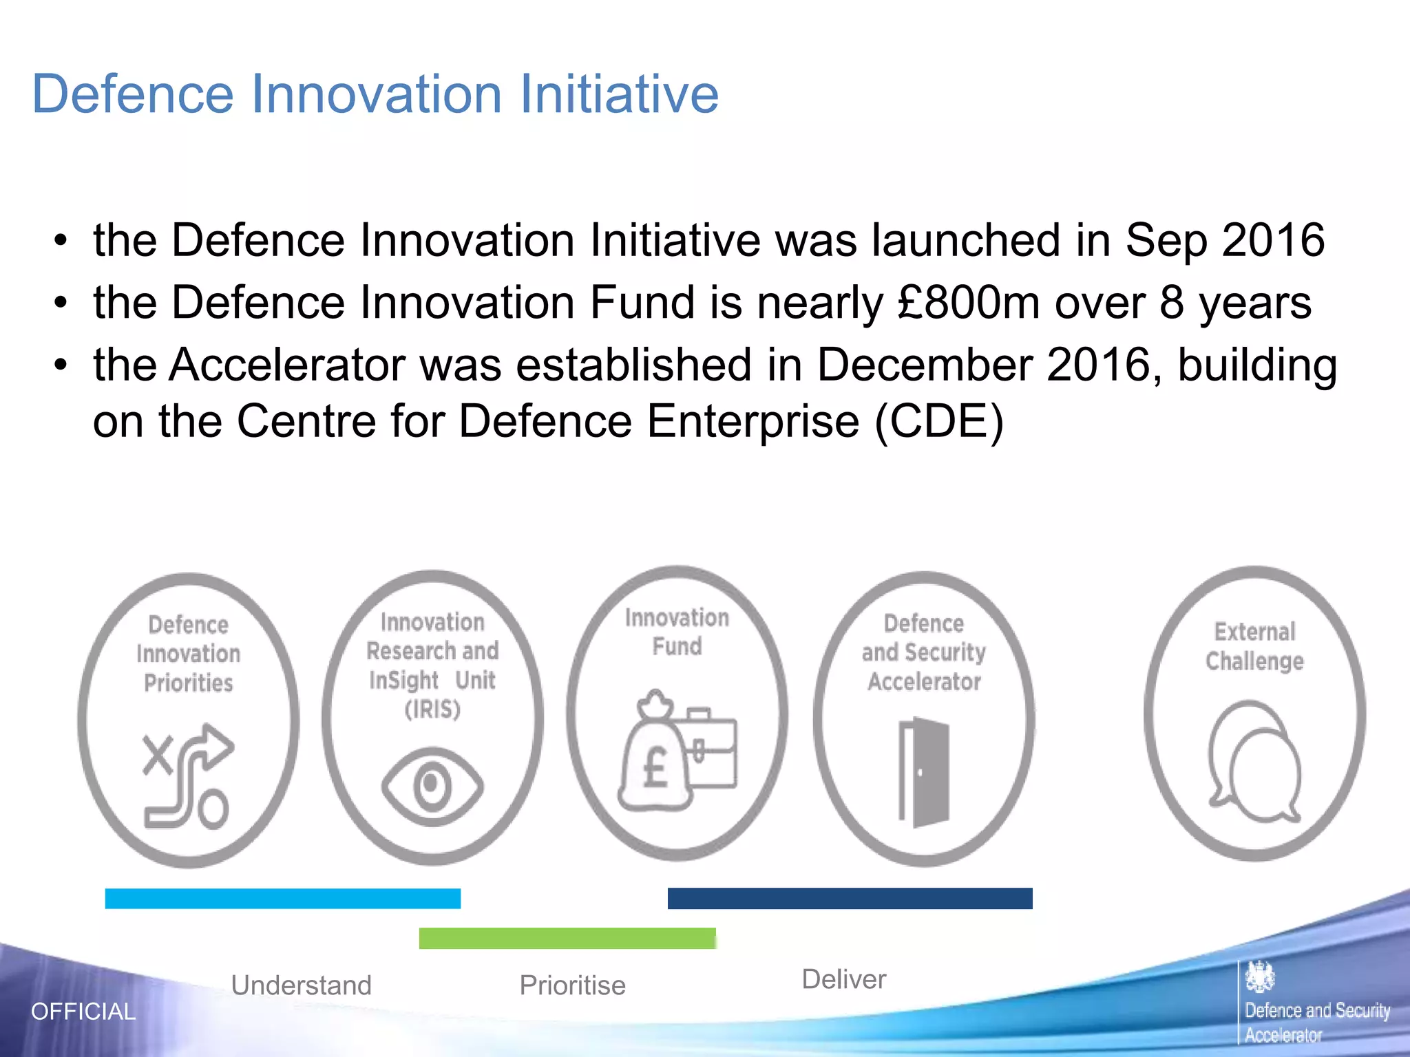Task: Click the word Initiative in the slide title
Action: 618,94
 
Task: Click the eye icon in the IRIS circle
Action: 432,786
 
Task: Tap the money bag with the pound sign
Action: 653,757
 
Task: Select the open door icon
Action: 924,771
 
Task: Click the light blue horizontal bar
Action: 282,899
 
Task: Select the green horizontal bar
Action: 567,939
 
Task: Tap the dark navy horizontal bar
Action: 850,899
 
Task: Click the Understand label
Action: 301,985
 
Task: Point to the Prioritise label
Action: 572,985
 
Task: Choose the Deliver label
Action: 843,979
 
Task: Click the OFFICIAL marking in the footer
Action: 83,1012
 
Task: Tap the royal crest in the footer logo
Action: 1260,976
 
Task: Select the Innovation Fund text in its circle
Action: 677,632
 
